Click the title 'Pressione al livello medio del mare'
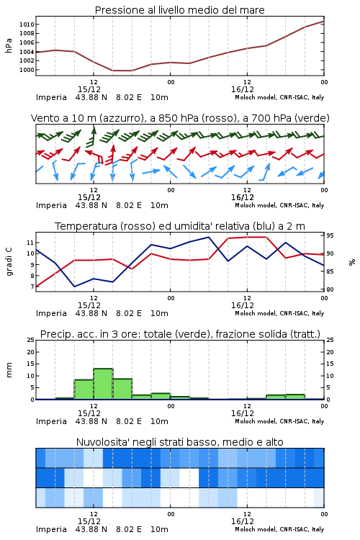coord(179,10)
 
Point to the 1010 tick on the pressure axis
coord(27,24)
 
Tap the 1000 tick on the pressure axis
coord(27,70)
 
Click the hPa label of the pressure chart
coord(9,45)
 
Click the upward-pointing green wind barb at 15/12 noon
coord(92,136)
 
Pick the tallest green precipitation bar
coord(104,384)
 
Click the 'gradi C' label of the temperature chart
coord(9,262)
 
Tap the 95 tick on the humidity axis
coord(330,235)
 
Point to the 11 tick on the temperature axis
coord(31,243)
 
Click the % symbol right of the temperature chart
coord(352,262)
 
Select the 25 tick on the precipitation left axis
coord(31,341)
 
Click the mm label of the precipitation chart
coord(9,370)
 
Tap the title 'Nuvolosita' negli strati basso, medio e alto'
coord(179,442)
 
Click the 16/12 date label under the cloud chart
coord(243,521)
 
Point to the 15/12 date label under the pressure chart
coord(89,89)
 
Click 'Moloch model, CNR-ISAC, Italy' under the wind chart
coord(279,205)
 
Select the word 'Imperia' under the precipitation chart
coord(51,421)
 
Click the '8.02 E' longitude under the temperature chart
coord(129,313)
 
